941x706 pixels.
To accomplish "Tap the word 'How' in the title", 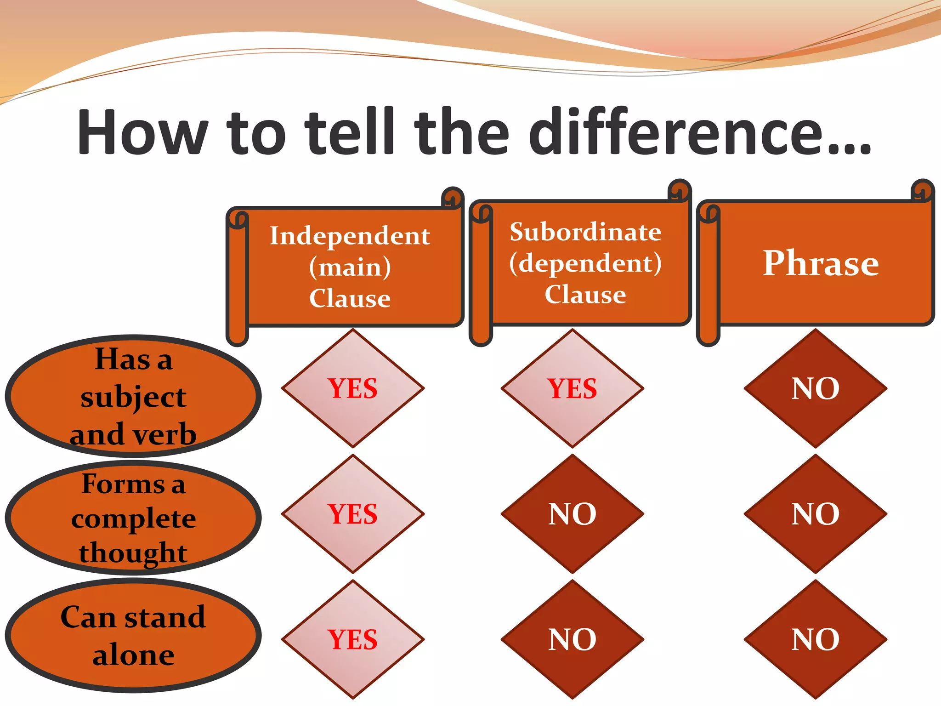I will click(142, 133).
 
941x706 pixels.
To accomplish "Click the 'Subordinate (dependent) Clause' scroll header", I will click(585, 263).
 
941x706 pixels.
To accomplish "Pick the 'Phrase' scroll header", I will click(821, 263).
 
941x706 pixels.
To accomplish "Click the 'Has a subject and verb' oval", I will click(133, 396).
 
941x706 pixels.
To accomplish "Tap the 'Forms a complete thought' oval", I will click(133, 518).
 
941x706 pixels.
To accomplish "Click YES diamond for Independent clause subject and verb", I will click(352, 388).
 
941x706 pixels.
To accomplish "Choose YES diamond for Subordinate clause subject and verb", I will click(572, 388).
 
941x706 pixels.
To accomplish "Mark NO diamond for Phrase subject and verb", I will click(815, 388).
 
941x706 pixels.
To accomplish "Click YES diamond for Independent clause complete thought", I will click(352, 514).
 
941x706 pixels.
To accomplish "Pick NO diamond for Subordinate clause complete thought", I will click(572, 514).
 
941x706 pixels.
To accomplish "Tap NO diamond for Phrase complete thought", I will click(815, 514).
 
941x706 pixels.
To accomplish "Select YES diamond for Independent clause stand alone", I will click(352, 639).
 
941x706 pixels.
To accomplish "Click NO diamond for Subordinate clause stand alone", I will click(572, 639).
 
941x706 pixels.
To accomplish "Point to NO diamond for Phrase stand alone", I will click(815, 639).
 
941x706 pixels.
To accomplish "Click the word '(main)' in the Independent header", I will click(350, 267).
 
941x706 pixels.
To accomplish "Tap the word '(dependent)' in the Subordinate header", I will click(585, 263).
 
